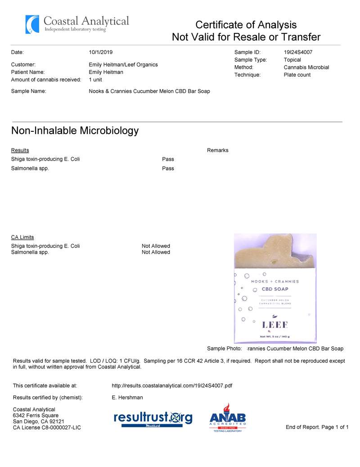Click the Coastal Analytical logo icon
pos(32,24)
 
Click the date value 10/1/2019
pos(101,52)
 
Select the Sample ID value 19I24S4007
pos(298,52)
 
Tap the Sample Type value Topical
pos(292,60)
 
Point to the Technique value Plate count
pos(297,75)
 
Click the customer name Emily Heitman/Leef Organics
pos(123,65)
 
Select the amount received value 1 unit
pos(95,80)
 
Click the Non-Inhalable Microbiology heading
pos(75,131)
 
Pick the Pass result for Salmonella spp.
pos(168,169)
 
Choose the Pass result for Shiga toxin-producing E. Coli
pos(168,159)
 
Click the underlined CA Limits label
pos(22,238)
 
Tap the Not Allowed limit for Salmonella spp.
pos(156,252)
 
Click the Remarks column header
pos(218,150)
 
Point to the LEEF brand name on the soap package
pos(275,325)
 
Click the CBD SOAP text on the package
pos(275,289)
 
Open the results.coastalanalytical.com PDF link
pos(172,386)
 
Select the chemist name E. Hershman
pos(127,398)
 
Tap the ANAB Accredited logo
pos(228,418)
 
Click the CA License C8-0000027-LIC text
pos(47,427)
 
